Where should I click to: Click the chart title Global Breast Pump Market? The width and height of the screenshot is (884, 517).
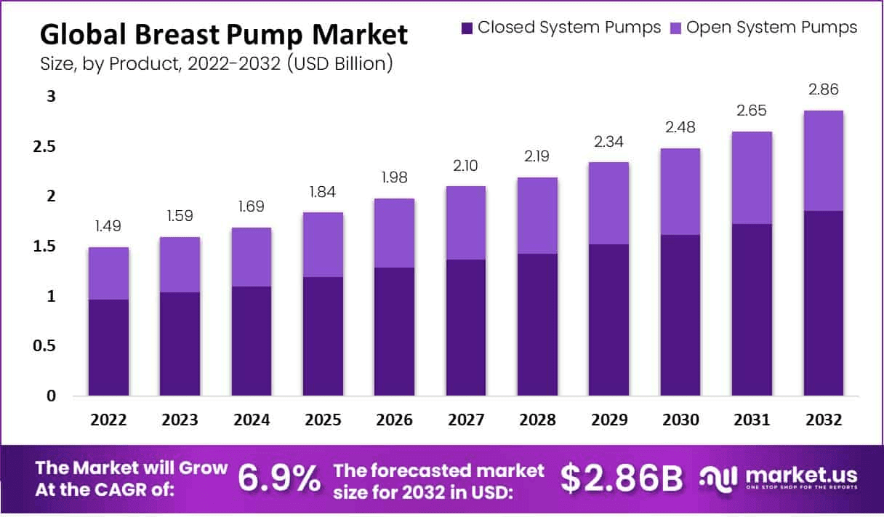(x=223, y=35)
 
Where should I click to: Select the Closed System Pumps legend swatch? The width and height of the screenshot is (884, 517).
(x=467, y=28)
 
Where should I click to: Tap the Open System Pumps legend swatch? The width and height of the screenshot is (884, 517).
(x=675, y=28)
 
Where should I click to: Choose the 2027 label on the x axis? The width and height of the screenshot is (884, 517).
(x=465, y=420)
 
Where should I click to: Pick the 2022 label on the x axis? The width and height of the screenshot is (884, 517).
(x=108, y=420)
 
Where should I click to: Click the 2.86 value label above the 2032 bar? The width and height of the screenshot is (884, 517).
(x=823, y=90)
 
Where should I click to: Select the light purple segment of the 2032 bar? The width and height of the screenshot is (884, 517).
(x=823, y=161)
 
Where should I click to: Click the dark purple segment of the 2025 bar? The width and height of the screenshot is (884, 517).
(x=323, y=336)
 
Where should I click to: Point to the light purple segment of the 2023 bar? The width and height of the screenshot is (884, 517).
(x=180, y=265)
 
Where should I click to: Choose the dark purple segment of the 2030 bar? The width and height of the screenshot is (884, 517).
(x=680, y=315)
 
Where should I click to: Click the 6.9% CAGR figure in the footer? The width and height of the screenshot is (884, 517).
(x=279, y=478)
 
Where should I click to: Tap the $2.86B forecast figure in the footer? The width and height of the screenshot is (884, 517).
(x=622, y=478)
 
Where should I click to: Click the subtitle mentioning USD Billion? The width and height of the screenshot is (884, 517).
(x=217, y=64)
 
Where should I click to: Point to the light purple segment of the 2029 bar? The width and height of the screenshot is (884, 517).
(x=608, y=203)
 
